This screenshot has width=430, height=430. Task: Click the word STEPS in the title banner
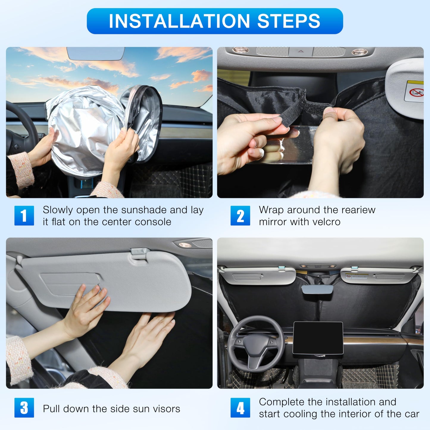click(288, 21)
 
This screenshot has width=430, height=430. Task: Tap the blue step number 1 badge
click(24, 215)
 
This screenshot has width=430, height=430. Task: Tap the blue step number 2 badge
click(240, 215)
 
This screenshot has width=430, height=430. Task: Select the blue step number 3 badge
click(24, 408)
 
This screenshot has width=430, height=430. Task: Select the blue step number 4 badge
click(240, 408)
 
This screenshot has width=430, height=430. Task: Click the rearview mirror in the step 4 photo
click(317, 290)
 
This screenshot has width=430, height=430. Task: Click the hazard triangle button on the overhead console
click(301, 51)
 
